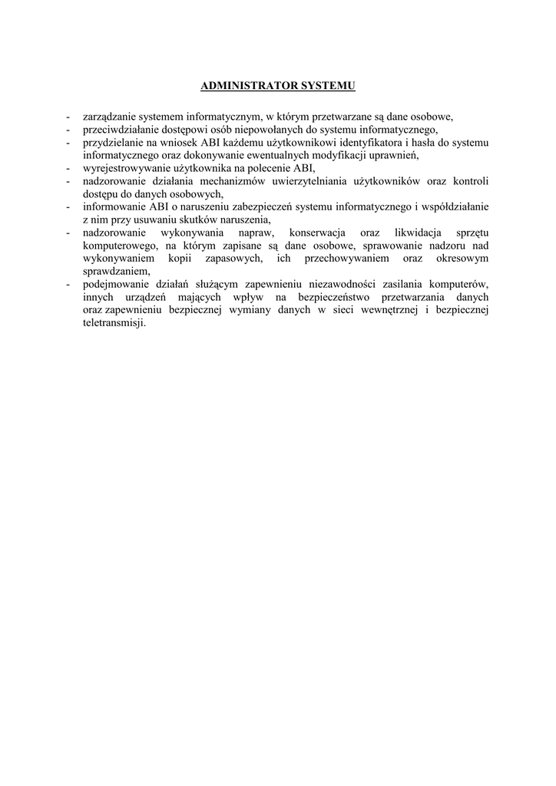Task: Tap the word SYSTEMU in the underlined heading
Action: coord(329,86)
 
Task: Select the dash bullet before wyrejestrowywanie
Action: coord(68,168)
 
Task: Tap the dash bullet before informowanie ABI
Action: coord(68,206)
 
